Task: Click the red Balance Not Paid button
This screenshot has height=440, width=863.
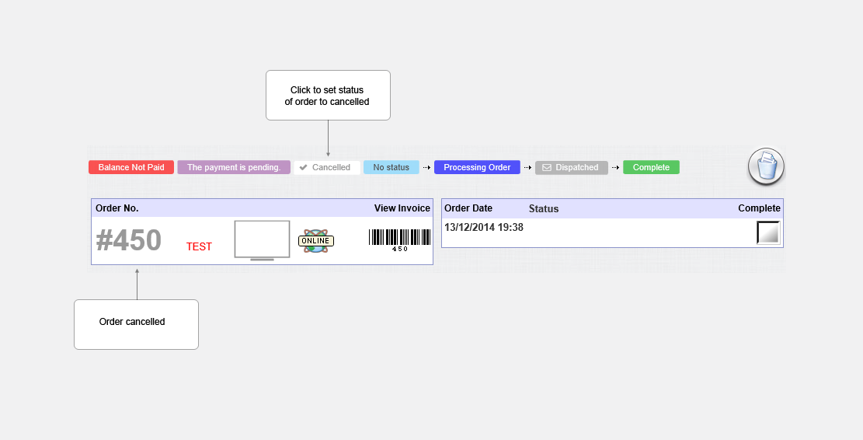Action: [x=131, y=167]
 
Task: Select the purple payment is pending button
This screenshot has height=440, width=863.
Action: [x=234, y=167]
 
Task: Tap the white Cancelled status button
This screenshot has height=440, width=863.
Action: [x=327, y=167]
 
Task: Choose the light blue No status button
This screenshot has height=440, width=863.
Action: [x=391, y=167]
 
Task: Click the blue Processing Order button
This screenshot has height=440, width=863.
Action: [x=477, y=167]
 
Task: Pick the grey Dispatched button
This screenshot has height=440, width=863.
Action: [x=571, y=167]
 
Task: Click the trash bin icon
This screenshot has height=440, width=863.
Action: [x=766, y=166]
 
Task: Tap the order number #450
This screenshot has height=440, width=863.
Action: [x=129, y=240]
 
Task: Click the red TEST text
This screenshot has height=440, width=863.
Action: [x=199, y=246]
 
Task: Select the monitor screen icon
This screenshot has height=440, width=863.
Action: [x=262, y=240]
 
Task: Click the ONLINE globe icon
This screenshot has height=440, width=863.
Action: [x=316, y=241]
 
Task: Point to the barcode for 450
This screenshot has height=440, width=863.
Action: [x=399, y=240]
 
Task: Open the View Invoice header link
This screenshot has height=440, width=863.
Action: [x=402, y=208]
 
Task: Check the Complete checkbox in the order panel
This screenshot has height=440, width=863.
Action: [x=768, y=232]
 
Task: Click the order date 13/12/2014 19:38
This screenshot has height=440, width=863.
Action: [x=484, y=228]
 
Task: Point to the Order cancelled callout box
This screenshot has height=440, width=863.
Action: [x=137, y=324]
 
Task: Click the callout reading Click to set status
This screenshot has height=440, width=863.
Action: [x=328, y=96]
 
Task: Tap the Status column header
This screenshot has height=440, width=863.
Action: [x=544, y=208]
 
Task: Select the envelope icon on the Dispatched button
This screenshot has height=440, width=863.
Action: [x=547, y=167]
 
